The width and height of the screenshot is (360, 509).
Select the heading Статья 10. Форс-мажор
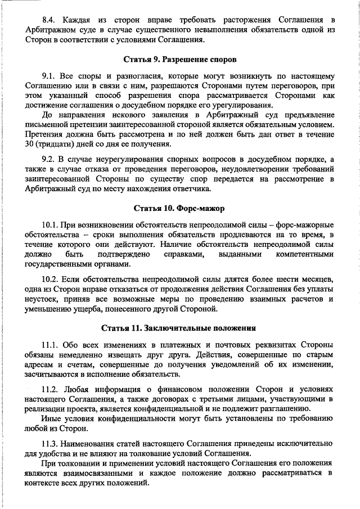click(x=179, y=209)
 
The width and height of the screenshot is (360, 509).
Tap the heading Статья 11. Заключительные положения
click(x=179, y=328)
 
